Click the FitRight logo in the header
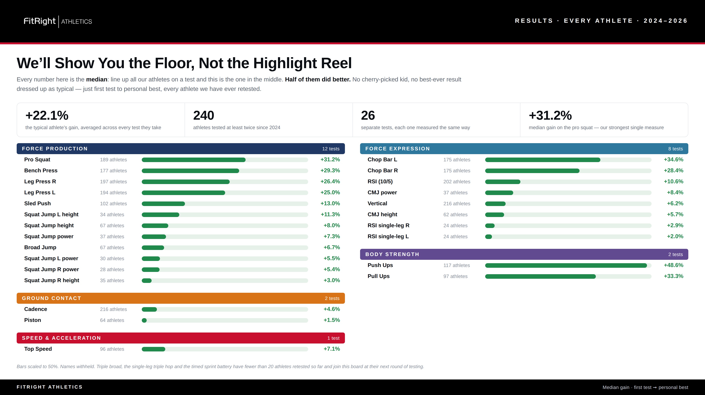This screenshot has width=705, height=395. pos(58,21)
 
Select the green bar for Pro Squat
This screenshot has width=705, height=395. pos(193,160)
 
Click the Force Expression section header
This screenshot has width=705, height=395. pos(524,148)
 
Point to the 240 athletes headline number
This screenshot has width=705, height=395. pos(204,116)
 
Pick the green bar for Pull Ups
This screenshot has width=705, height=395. pos(540,276)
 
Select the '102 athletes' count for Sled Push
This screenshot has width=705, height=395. pos(113,204)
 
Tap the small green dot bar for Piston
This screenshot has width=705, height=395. pos(144,320)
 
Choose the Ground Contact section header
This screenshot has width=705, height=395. pos(181,298)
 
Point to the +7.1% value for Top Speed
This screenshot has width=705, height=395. pos(332,349)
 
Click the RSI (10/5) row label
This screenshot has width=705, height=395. pos(380,182)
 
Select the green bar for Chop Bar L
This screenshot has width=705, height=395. pos(542,160)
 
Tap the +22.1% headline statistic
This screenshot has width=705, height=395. pos(47,116)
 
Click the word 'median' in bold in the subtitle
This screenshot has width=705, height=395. pos(97,80)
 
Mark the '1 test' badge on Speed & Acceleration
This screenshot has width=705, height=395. pos(333,338)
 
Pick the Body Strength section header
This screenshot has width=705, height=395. pos(524,254)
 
